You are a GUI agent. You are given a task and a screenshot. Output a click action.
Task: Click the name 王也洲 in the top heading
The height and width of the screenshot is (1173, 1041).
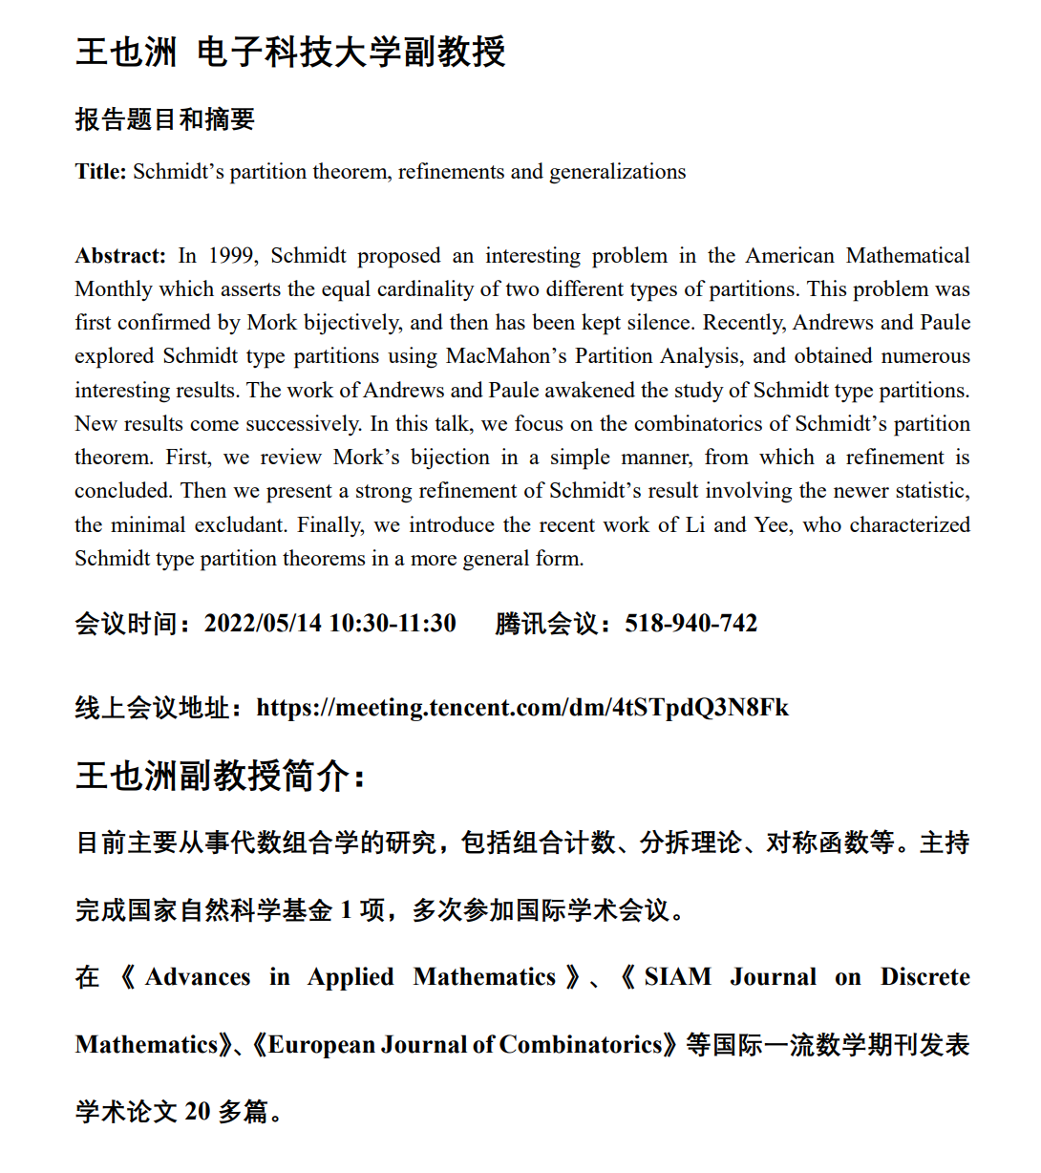(x=126, y=52)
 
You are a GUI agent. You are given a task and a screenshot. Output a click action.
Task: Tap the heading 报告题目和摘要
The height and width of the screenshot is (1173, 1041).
(x=165, y=119)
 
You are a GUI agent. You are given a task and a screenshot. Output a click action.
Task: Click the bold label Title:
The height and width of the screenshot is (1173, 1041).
(x=100, y=172)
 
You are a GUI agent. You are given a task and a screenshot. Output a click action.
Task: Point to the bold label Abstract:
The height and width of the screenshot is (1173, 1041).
(x=120, y=256)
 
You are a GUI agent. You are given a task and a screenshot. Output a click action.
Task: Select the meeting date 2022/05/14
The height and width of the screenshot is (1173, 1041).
(x=263, y=624)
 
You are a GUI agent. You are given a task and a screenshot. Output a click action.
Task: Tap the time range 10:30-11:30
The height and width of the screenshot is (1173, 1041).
(x=393, y=624)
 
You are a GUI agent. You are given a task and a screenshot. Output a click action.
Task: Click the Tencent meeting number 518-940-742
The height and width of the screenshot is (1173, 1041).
(x=690, y=624)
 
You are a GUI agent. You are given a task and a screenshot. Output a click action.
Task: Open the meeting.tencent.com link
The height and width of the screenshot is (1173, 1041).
(x=522, y=708)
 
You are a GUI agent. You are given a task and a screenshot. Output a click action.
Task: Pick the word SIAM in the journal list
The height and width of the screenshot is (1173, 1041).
(x=677, y=977)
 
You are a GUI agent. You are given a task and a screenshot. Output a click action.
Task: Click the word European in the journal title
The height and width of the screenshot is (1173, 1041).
(x=321, y=1045)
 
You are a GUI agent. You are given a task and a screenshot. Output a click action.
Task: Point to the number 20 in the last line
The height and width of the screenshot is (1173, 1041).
(x=197, y=1112)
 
